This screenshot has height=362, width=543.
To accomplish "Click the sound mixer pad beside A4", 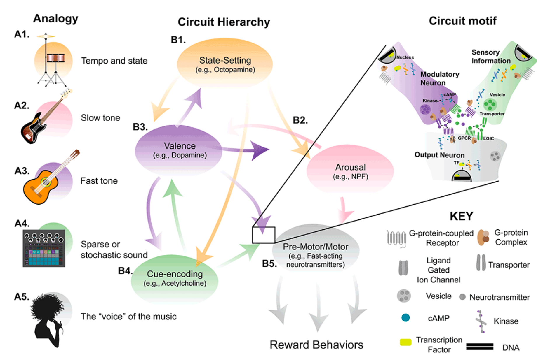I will [x=44, y=248].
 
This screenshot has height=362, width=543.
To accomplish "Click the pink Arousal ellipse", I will [x=350, y=171].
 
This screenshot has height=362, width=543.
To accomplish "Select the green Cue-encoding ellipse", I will [x=175, y=278].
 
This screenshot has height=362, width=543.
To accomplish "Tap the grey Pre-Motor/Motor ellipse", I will [x=315, y=251].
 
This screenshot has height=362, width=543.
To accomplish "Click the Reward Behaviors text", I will [x=316, y=345].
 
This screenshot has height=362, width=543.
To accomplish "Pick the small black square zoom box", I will [x=263, y=235].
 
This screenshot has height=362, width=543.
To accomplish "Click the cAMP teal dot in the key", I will [x=405, y=318].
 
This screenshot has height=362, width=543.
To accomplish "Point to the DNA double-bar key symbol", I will [x=480, y=347].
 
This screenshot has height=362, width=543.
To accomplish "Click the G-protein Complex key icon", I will [x=483, y=237].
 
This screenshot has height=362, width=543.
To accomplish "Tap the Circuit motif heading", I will [x=462, y=21].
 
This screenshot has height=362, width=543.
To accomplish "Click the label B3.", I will [x=140, y=127].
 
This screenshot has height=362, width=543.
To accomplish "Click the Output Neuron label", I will [x=439, y=155].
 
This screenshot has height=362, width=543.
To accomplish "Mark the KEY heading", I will [x=461, y=216].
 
